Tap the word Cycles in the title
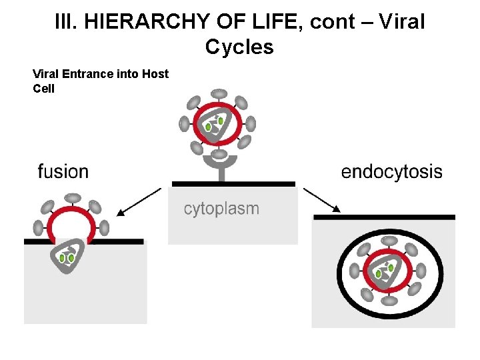(239, 47)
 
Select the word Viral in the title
(402, 22)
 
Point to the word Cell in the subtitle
(44, 89)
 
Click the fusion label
(63, 171)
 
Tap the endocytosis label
(391, 172)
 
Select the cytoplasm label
(221, 209)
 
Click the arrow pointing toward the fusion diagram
(139, 202)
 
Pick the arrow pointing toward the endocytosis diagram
(322, 200)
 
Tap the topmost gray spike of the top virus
(219, 94)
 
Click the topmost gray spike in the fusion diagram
(73, 198)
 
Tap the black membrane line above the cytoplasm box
(233, 184)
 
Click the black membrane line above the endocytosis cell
(384, 217)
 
